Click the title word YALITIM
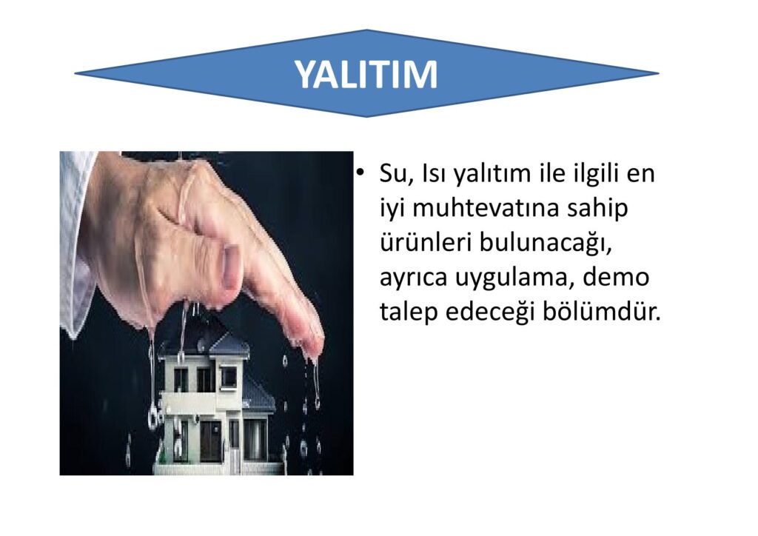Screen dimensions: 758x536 [366, 75]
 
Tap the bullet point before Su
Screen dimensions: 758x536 [359, 172]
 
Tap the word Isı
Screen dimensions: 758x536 [434, 173]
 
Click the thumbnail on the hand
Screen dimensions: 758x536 [231, 264]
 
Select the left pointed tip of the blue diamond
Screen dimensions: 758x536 [75, 73]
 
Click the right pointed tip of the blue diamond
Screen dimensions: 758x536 [659, 73]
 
